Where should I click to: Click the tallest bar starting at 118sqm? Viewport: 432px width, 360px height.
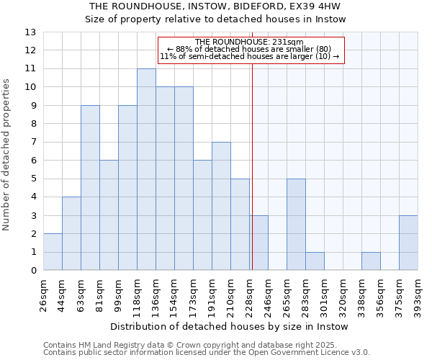click(146, 170)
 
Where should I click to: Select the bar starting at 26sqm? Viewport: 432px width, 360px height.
click(53, 252)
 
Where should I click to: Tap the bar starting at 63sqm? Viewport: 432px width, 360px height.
click(90, 188)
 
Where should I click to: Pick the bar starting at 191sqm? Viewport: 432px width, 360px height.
click(221, 206)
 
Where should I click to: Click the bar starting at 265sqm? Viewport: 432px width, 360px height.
click(296, 225)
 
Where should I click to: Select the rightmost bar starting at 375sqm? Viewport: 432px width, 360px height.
click(408, 243)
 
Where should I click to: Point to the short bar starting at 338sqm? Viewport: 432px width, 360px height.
click(371, 261)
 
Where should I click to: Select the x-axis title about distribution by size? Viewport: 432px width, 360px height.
click(230, 326)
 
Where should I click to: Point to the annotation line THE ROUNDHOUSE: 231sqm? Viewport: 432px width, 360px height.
click(249, 42)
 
